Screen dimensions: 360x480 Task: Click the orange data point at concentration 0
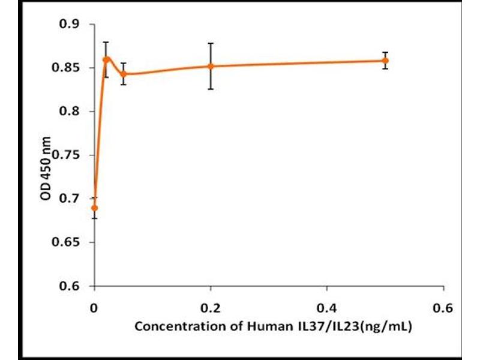click(94, 208)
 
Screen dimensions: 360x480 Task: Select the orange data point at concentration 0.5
click(386, 61)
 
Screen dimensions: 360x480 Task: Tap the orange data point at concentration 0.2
click(211, 66)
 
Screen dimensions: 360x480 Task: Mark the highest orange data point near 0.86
click(106, 59)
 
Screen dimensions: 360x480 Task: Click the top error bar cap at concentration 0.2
click(211, 43)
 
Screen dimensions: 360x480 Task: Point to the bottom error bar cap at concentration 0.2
click(211, 89)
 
